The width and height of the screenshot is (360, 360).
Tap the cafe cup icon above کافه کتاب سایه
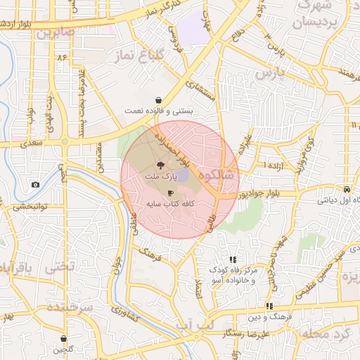170,192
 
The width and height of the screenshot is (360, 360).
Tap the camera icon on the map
35,185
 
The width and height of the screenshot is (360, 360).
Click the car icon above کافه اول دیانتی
347,190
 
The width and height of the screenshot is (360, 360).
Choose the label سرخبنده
70,307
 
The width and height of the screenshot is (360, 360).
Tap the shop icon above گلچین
64,339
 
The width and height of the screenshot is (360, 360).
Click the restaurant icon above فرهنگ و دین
269,306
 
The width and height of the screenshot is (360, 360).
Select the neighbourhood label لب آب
195,324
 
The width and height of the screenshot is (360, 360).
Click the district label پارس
269,72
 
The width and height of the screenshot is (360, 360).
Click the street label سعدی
32,143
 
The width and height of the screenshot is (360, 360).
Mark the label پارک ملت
160,179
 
